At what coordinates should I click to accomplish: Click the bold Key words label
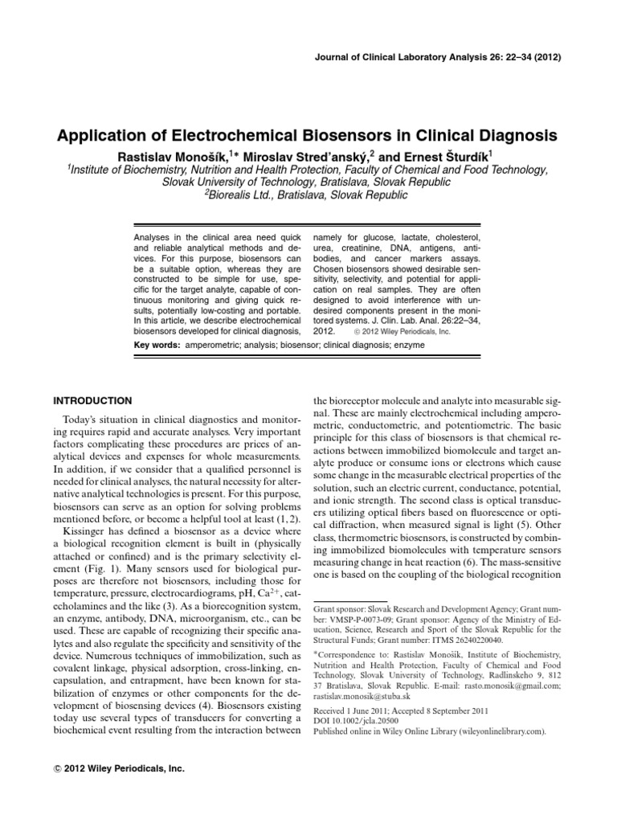(157, 343)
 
